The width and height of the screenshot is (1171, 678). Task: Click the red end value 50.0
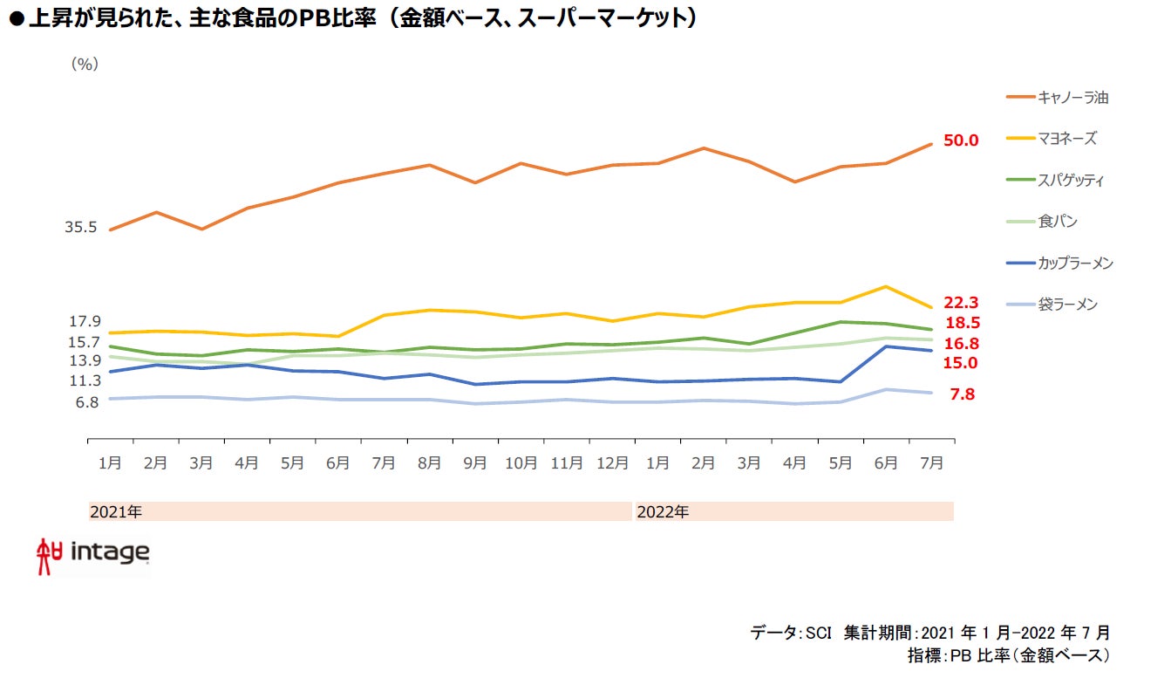962,140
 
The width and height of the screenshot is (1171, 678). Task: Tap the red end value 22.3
962,303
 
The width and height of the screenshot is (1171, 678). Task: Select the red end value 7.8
962,394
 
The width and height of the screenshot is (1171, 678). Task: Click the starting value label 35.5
80,227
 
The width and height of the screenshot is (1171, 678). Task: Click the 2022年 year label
663,512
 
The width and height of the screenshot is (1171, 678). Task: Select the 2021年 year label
116,512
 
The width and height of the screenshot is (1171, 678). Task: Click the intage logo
93,554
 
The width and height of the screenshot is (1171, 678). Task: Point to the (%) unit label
84,64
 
